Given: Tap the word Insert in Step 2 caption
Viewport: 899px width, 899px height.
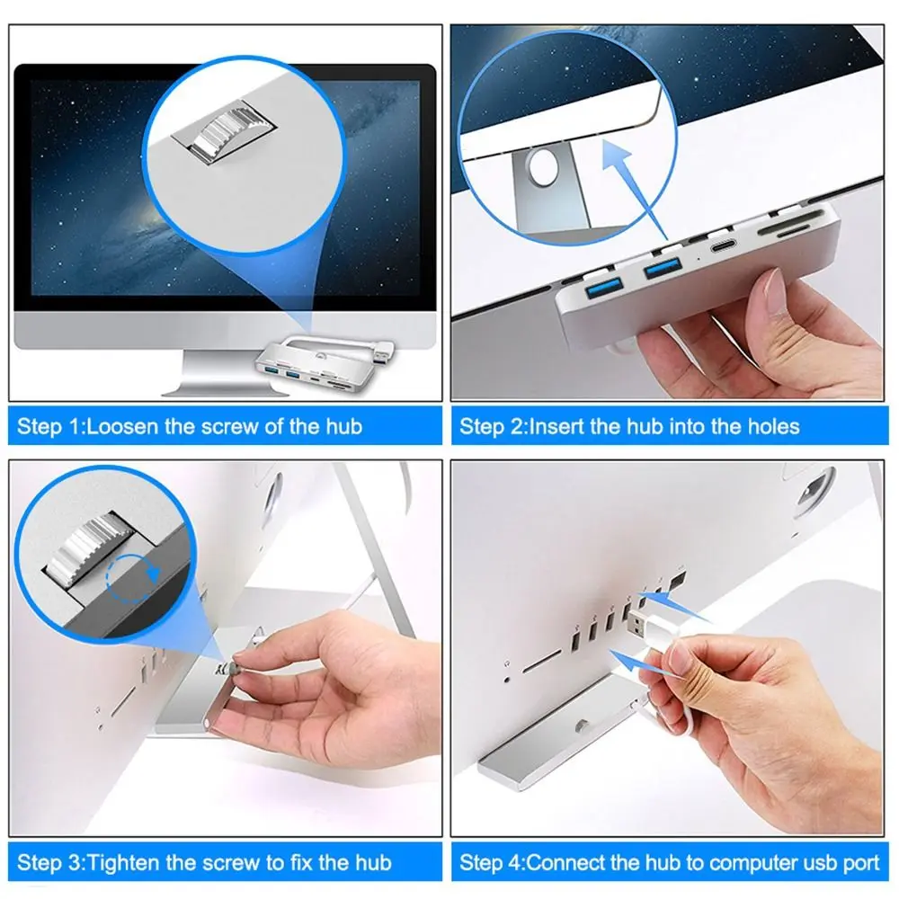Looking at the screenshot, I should [x=556, y=425].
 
